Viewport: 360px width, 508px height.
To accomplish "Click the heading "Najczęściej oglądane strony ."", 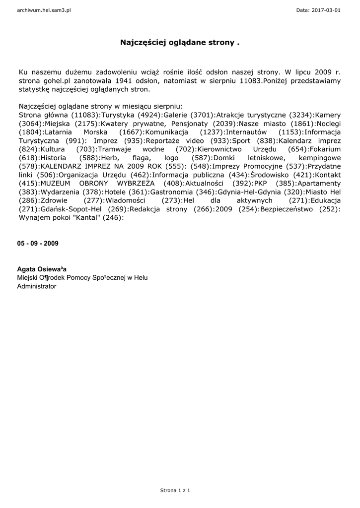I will tap(180, 43).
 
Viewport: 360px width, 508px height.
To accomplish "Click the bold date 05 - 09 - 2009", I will tap(38, 244).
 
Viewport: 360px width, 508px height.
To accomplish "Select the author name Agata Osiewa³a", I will tap(42, 269).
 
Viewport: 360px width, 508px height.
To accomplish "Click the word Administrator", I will tap(37, 286).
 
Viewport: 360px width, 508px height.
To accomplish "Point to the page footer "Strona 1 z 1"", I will tap(175, 490).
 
